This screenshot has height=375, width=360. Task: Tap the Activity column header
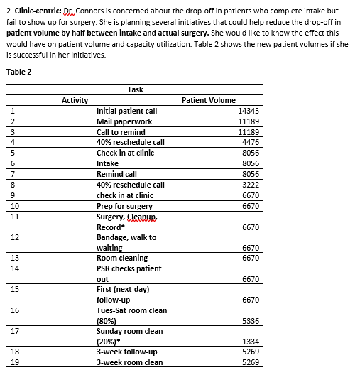pyautogui.click(x=75, y=100)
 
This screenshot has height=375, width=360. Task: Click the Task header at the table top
pyautogui.click(x=135, y=89)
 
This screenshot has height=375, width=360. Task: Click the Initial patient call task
pyautogui.click(x=126, y=111)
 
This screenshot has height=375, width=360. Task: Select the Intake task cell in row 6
pyautogui.click(x=107, y=163)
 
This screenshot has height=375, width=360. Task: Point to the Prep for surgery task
pyautogui.click(x=124, y=206)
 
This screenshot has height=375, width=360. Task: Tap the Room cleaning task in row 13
pyautogui.click(x=121, y=258)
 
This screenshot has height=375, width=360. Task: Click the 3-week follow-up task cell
pyautogui.click(x=126, y=352)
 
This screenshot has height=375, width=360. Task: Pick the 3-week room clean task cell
pyautogui.click(x=129, y=362)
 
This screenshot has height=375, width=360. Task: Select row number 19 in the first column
pyautogui.click(x=13, y=362)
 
